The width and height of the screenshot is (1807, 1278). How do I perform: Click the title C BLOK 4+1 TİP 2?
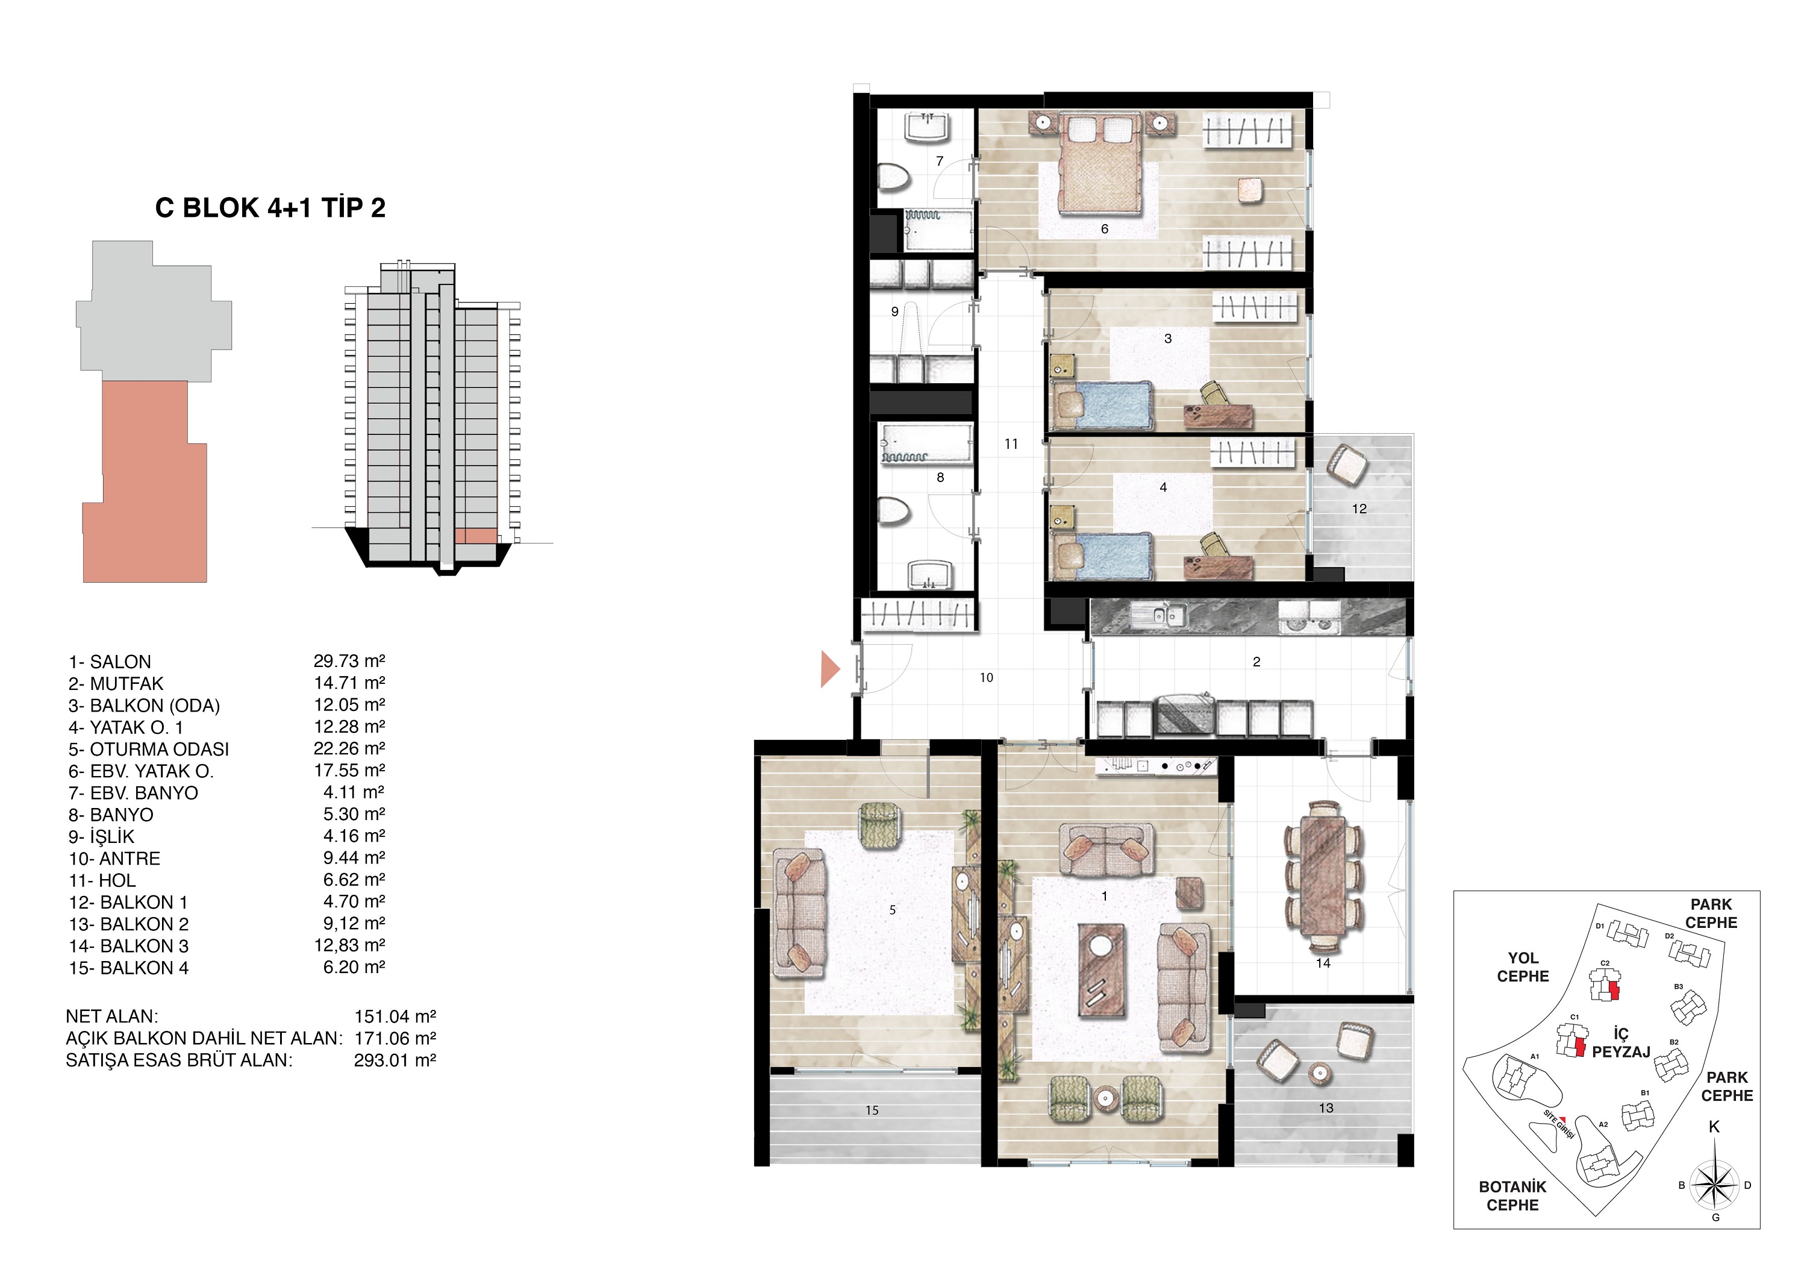coord(270,208)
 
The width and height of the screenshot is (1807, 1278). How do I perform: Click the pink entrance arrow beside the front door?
coord(829,669)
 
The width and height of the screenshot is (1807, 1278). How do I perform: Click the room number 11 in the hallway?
coord(1011,444)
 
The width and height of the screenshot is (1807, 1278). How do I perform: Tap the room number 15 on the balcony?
coord(871,1110)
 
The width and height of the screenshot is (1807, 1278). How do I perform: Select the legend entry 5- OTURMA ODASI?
coord(149,750)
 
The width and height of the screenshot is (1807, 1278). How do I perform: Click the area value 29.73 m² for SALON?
coord(349,662)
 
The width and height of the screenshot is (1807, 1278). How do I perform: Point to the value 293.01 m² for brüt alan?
coord(395,1060)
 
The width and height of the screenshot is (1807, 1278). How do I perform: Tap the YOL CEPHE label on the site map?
coord(1522,967)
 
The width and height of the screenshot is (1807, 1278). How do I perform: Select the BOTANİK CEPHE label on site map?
coord(1512,1195)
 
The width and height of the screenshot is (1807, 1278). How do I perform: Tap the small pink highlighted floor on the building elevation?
coord(475,536)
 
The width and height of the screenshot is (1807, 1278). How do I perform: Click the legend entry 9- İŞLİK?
coord(102,837)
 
